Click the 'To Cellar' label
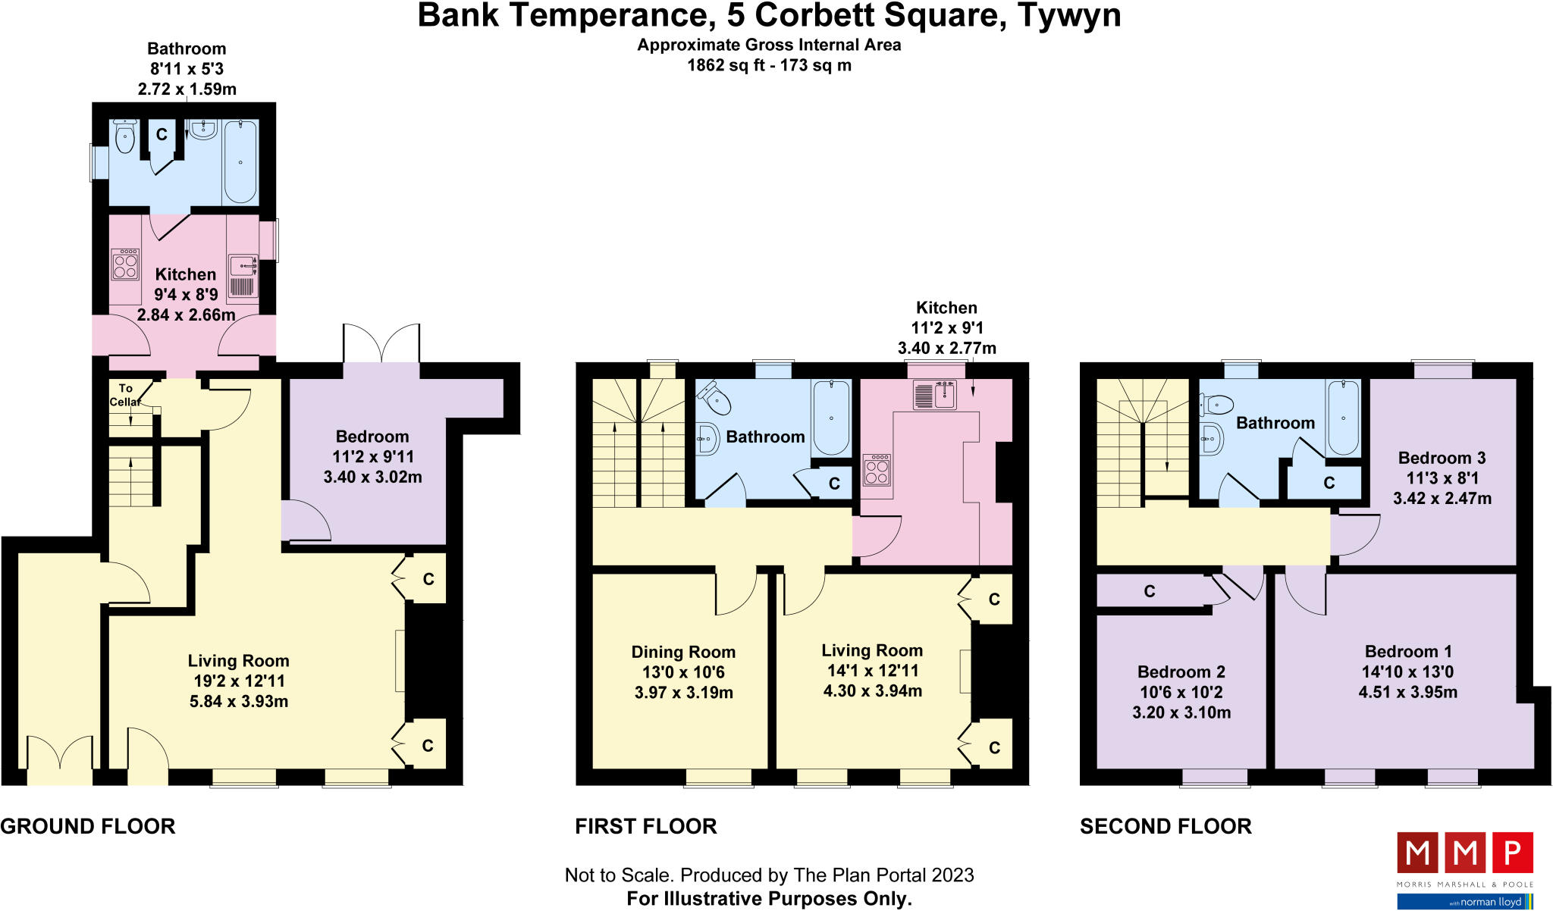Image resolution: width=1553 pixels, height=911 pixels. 125,395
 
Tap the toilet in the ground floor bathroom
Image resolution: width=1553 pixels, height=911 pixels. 124,137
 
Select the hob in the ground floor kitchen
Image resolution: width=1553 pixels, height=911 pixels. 125,265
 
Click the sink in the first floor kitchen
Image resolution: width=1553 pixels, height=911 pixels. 935,395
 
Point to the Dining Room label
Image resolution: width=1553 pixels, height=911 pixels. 683,652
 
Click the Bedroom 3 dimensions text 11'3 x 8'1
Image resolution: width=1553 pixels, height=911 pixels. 1442,478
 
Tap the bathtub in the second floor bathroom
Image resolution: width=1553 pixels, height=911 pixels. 1343,417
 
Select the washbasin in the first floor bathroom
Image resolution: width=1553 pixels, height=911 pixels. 707,438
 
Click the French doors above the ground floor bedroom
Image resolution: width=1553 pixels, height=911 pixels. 381,343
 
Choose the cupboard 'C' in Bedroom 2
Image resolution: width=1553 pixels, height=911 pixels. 1150,591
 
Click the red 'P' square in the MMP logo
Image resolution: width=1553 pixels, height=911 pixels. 1513,852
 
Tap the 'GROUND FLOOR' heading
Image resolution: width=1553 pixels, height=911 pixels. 88,826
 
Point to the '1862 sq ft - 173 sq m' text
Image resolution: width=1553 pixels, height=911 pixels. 769,65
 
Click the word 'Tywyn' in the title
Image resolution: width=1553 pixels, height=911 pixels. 1068,15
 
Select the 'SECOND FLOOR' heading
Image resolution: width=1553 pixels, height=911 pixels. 1166,826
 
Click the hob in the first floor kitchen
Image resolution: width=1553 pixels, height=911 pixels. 877,470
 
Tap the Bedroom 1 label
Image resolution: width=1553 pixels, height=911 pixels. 1408,651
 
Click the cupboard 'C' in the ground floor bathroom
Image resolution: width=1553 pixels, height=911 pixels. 162,135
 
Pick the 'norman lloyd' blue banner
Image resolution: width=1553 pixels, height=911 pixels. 1465,901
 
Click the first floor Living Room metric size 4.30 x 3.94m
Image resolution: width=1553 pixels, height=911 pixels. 872,690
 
